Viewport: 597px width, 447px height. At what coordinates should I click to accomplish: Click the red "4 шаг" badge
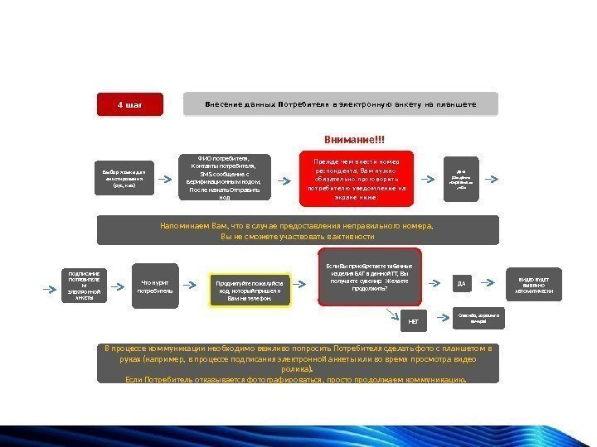[x=130, y=105]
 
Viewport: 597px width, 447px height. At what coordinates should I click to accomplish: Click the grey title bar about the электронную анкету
[x=340, y=104]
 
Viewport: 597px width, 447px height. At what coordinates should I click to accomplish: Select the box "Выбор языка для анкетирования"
[x=123, y=179]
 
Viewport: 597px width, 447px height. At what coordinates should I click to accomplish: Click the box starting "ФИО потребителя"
[x=225, y=178]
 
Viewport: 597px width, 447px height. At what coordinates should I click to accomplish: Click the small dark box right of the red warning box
[x=462, y=179]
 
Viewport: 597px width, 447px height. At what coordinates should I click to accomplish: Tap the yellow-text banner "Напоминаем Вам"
[x=298, y=230]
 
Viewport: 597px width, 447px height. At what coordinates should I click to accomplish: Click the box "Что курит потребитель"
[x=155, y=286]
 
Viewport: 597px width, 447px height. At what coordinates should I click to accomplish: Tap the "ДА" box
[x=462, y=284]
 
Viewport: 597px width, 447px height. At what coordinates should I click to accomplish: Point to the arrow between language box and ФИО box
[x=166, y=179]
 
